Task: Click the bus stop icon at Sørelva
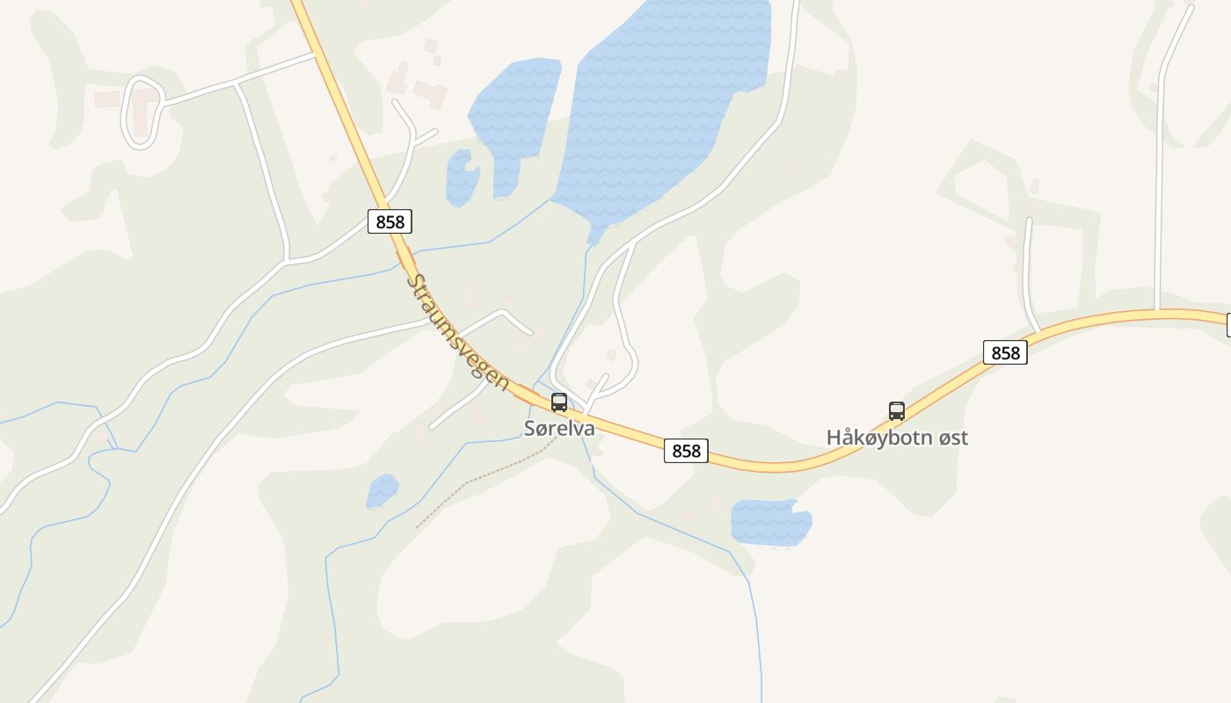point(559,402)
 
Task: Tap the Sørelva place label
point(559,429)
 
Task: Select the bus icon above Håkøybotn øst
point(897,410)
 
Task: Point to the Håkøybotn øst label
point(897,437)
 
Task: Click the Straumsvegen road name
point(457,332)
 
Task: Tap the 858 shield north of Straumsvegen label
point(390,221)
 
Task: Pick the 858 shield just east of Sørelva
point(686,451)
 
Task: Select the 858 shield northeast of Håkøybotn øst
point(1005,352)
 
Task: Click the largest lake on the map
point(659,97)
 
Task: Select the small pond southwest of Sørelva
point(382,490)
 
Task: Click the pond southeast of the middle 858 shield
point(770,521)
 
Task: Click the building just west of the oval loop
point(107,99)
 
